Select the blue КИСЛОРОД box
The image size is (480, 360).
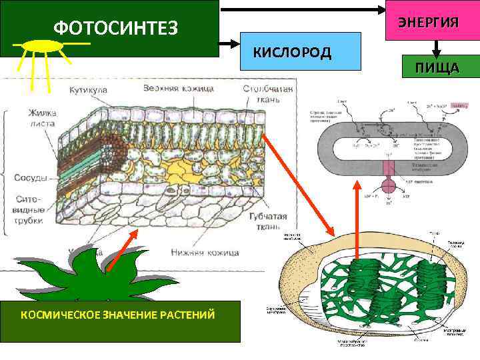click(291, 52)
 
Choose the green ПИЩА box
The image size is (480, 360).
click(437, 67)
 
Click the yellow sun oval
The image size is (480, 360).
click(43, 45)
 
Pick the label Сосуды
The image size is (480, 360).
click(30, 178)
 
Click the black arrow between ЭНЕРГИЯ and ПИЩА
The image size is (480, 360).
click(437, 48)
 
